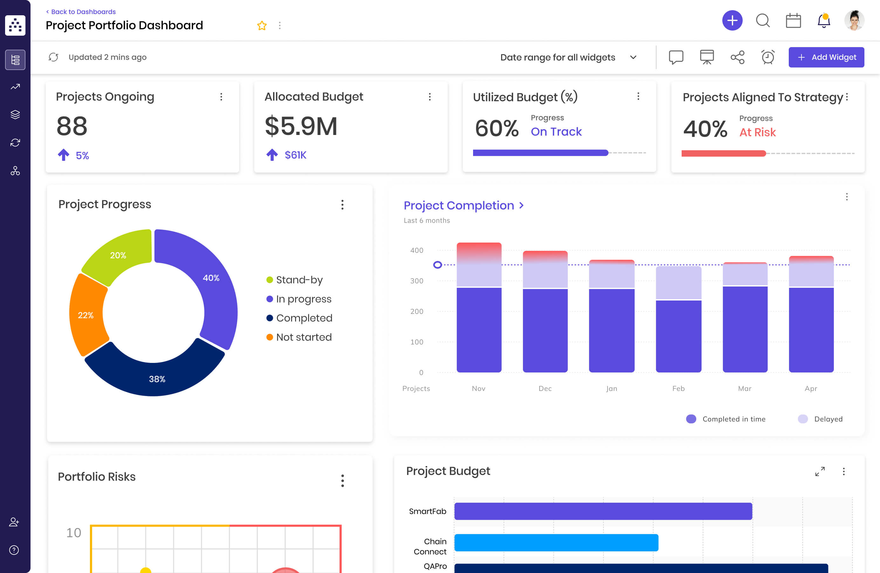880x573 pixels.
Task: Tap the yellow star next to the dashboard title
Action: (x=262, y=25)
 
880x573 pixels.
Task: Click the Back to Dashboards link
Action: (x=81, y=12)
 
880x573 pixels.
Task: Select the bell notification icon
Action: (x=823, y=21)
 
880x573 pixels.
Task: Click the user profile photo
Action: (x=854, y=21)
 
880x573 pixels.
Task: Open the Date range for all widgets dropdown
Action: (x=567, y=57)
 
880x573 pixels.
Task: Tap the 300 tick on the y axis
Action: (x=416, y=281)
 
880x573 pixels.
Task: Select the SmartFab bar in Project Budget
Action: (x=603, y=511)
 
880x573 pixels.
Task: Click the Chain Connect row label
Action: (x=430, y=546)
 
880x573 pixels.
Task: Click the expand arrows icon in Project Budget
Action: (x=820, y=471)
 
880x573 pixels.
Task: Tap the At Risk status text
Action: (x=757, y=132)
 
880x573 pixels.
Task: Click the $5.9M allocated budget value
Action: (x=301, y=127)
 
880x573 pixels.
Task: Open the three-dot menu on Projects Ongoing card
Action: (x=221, y=97)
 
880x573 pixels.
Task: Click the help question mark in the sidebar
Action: (x=14, y=550)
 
